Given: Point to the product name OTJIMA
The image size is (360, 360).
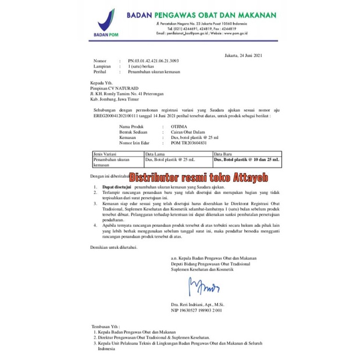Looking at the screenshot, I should pyautogui.click(x=171, y=126).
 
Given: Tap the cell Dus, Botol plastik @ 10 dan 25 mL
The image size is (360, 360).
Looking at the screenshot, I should pyautogui.click(x=247, y=158).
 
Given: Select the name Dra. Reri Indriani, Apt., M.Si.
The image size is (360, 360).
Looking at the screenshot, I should pyautogui.click(x=198, y=305).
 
